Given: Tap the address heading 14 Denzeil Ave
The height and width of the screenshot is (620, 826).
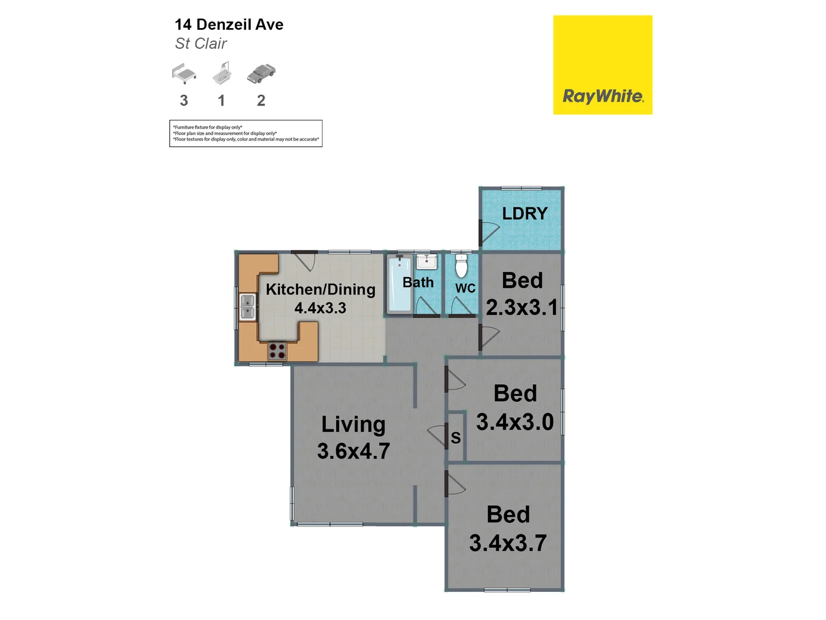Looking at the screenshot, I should click(x=229, y=25).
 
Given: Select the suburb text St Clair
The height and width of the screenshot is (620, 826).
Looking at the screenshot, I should click(x=201, y=44).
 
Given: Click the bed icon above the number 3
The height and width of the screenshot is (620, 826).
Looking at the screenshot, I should click(x=184, y=74).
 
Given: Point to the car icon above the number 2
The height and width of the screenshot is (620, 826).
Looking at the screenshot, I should click(x=261, y=73).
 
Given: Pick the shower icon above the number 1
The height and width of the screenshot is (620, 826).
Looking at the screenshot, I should click(x=222, y=73).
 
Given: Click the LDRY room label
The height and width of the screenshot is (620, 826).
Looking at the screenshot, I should click(x=524, y=214).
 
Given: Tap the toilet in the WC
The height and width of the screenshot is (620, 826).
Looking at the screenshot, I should click(x=461, y=266).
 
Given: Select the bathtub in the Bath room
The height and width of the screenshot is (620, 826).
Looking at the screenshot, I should click(x=399, y=284).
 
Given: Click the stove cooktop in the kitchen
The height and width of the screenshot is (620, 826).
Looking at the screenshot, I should click(x=278, y=351).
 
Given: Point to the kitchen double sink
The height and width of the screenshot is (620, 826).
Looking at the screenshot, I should click(x=247, y=307).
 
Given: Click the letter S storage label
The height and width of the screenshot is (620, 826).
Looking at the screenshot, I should click(x=456, y=438).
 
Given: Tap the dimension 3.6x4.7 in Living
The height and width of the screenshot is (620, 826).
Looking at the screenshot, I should click(x=353, y=451).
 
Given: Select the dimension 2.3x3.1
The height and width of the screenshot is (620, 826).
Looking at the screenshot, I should click(x=521, y=308).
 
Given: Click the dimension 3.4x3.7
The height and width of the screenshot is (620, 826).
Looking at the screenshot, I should click(x=508, y=543).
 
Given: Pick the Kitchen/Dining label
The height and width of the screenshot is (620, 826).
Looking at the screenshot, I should click(x=320, y=289).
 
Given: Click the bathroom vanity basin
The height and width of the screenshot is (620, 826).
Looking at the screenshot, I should click(x=427, y=262).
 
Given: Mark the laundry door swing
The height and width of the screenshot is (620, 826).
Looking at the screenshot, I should click(x=490, y=232).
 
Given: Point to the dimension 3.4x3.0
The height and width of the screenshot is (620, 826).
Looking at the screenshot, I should click(x=515, y=422).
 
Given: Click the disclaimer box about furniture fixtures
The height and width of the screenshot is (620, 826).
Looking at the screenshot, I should click(x=246, y=133).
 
